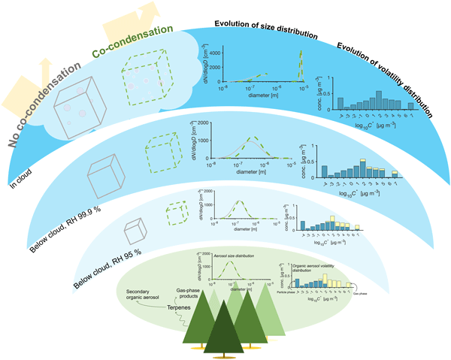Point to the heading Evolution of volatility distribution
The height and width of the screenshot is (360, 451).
click(385, 79)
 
